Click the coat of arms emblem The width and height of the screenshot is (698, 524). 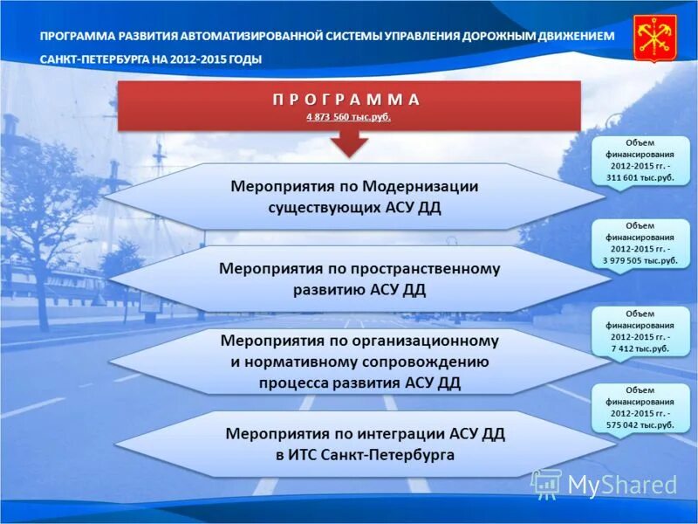654,38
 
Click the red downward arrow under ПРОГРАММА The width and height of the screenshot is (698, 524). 349,142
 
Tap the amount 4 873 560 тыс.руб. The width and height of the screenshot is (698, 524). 348,116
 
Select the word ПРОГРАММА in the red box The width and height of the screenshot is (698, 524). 348,99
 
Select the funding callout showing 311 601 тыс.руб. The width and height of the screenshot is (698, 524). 640,160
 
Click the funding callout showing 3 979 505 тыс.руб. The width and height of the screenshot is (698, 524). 640,243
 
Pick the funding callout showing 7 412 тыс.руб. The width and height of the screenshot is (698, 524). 640,331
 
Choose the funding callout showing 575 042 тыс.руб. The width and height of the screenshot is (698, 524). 640,407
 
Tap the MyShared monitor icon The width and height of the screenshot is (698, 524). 547,484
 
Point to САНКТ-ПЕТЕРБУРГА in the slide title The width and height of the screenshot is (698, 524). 95,59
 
